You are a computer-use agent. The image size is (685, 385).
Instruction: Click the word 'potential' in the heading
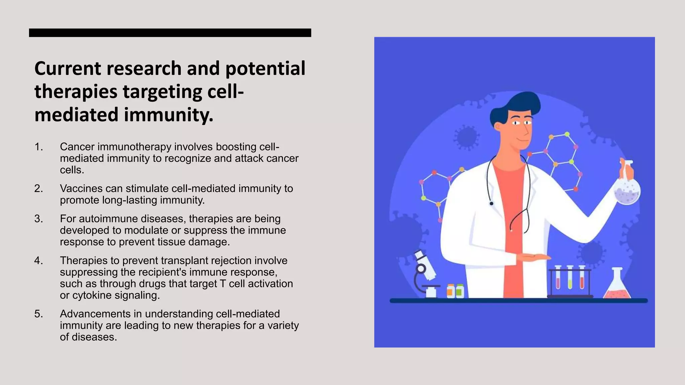pos(265,69)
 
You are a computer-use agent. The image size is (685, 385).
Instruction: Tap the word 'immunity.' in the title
pos(169,115)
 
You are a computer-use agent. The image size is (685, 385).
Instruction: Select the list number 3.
pos(38,219)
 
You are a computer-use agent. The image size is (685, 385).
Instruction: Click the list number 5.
pos(38,314)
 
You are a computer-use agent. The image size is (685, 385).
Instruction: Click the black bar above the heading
pos(170,33)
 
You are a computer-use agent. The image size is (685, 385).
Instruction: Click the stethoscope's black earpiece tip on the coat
pos(491,203)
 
